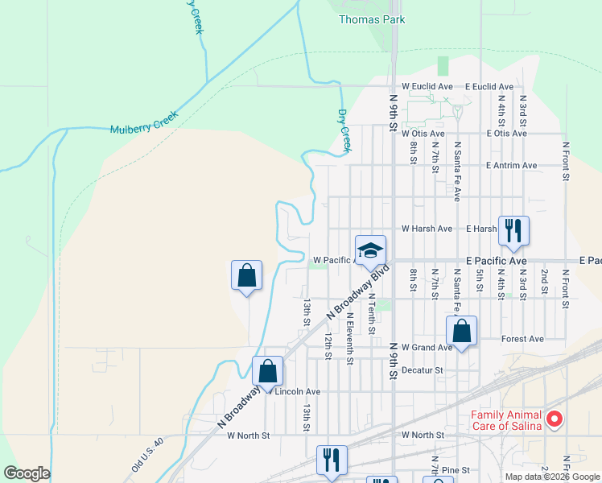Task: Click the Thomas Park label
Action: pyautogui.click(x=371, y=19)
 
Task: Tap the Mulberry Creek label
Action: pyautogui.click(x=143, y=124)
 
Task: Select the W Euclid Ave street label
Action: pyautogui.click(x=429, y=86)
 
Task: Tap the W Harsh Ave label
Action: pyautogui.click(x=427, y=229)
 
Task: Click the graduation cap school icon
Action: pyautogui.click(x=370, y=250)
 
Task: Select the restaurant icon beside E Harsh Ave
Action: pyautogui.click(x=513, y=231)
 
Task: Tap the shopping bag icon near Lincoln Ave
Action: pyautogui.click(x=268, y=372)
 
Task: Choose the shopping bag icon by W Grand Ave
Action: pyautogui.click(x=461, y=331)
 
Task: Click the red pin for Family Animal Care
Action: pyautogui.click(x=554, y=419)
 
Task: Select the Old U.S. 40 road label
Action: pyautogui.click(x=148, y=455)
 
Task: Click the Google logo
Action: pyautogui.click(x=27, y=473)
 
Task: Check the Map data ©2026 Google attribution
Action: pyautogui.click(x=551, y=476)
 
